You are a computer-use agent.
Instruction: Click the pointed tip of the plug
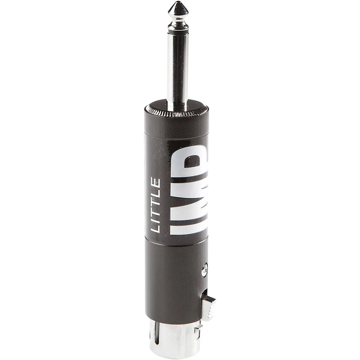click(178, 8)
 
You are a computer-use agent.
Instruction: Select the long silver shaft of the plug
click(178, 67)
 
